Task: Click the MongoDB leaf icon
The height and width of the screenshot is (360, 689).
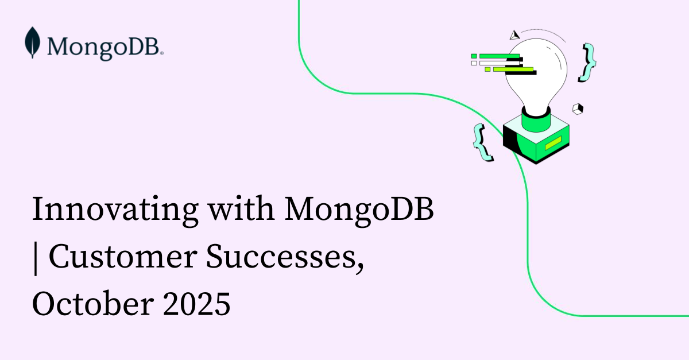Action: (x=33, y=42)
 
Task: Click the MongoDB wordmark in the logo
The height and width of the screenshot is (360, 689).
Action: (x=105, y=45)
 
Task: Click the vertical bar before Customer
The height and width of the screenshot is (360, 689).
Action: (x=35, y=260)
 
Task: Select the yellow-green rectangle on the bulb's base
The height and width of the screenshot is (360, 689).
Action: (x=553, y=143)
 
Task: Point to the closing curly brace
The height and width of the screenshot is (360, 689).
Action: (x=587, y=61)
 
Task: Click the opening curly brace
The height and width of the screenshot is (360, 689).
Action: (x=482, y=141)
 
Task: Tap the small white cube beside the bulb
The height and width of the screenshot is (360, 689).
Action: (x=578, y=108)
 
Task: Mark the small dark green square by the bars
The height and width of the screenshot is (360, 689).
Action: (x=474, y=56)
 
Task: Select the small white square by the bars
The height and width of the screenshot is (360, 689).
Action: (x=474, y=63)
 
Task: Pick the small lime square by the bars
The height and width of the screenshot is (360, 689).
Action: (x=487, y=69)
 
